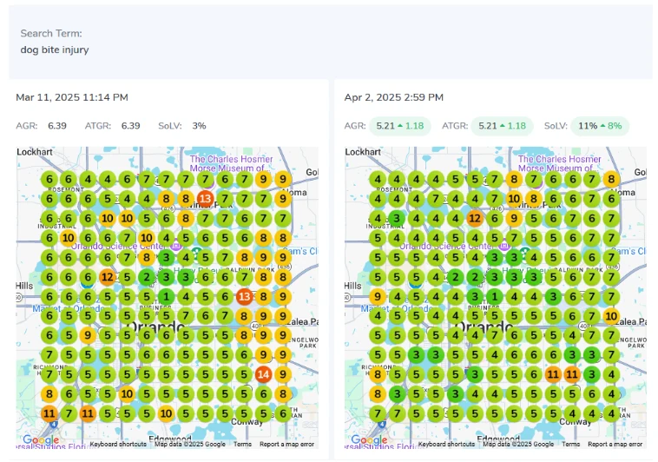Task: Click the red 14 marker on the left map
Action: point(263,374)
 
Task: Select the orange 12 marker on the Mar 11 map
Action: point(107,277)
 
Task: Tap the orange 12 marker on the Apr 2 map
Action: point(475,219)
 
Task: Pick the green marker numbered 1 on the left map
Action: point(166,296)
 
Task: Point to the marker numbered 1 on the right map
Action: point(494,296)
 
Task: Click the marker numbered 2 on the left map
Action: point(147,277)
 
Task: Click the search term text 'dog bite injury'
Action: point(55,49)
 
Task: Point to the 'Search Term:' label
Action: point(51,34)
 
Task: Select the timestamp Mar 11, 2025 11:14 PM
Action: point(72,97)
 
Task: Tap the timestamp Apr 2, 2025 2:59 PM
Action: point(394,97)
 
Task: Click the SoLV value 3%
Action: point(199,126)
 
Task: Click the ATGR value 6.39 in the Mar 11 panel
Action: point(130,126)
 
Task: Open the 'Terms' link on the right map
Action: point(571,444)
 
